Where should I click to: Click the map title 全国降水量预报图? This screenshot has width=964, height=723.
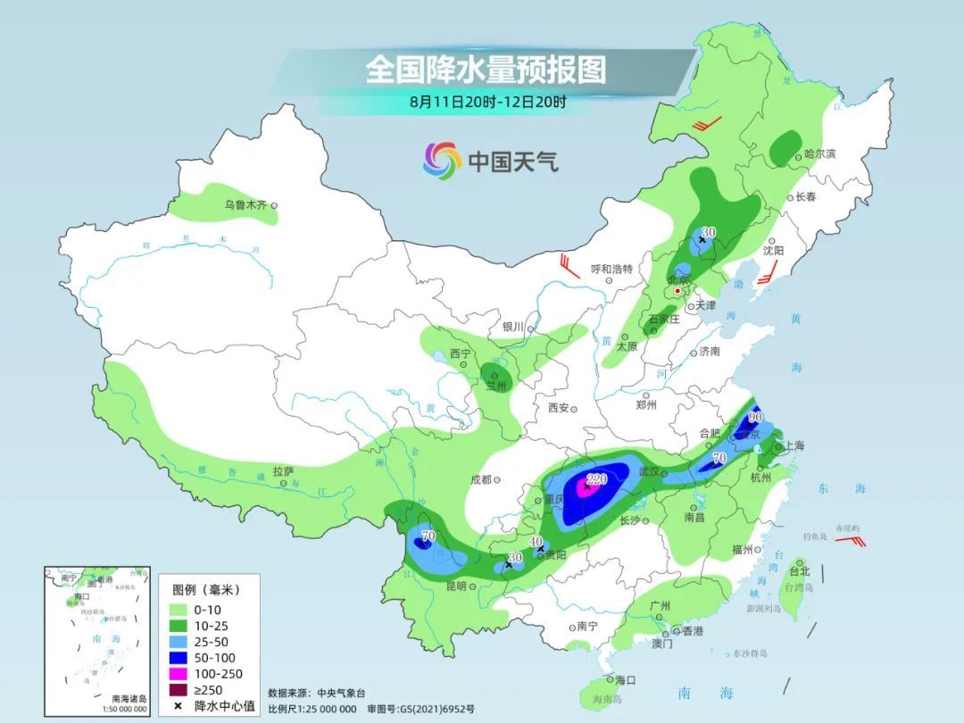pos(486,71)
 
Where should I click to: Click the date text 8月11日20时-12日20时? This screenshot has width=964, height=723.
pos(487,102)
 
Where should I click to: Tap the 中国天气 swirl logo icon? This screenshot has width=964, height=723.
pos(442,161)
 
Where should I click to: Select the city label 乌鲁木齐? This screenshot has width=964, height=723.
pos(245,205)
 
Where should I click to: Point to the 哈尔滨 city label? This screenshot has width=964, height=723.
pos(819,154)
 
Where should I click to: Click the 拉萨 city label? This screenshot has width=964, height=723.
pos(283,471)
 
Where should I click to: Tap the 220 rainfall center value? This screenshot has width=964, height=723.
pos(596,479)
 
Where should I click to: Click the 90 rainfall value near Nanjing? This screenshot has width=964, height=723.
pos(755,417)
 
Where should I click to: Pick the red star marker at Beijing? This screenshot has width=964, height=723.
pos(678,291)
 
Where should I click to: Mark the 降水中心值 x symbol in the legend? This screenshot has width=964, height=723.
pos(179,706)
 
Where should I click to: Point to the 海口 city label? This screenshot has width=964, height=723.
pos(626,680)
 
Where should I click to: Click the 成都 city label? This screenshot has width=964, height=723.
pos(479,479)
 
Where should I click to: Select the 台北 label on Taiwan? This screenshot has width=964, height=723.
pos(799,571)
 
